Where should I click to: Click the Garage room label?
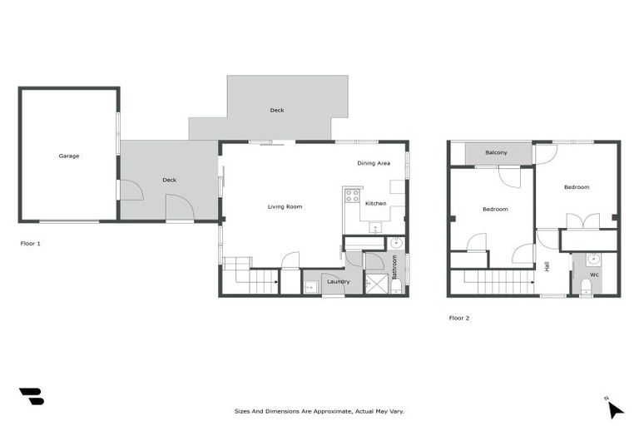click(x=69, y=156)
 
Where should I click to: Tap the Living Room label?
click(x=285, y=206)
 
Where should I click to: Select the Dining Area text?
click(x=374, y=163)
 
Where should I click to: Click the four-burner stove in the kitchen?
click(x=353, y=196)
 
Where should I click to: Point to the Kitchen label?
click(x=375, y=204)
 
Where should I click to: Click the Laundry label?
click(x=338, y=281)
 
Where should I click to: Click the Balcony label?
click(x=497, y=153)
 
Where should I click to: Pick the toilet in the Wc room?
click(x=586, y=287)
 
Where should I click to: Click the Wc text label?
click(x=595, y=274)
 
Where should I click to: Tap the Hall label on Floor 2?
click(x=547, y=266)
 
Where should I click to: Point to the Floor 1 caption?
click(x=30, y=244)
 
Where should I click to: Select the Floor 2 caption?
click(x=459, y=318)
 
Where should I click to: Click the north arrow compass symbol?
click(x=614, y=408)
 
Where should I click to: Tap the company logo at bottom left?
click(x=31, y=397)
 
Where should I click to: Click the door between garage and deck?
click(x=131, y=191)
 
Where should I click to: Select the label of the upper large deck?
click(x=277, y=110)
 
